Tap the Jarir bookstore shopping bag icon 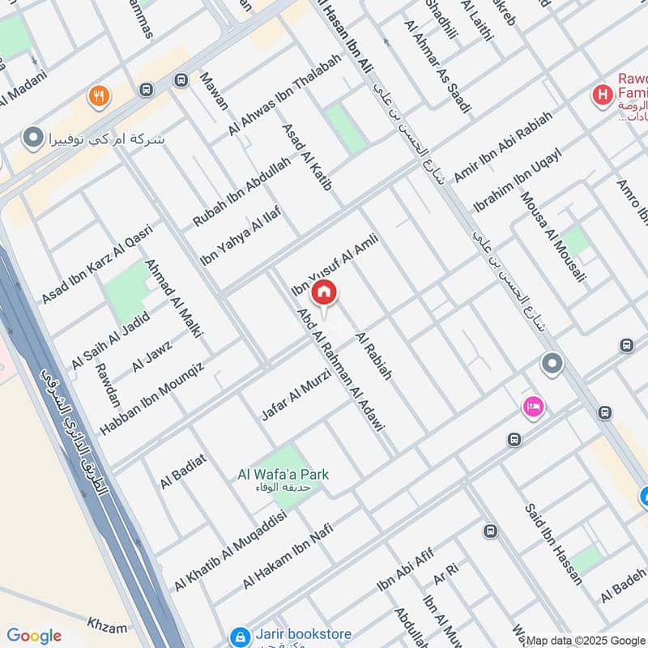tap(239, 636)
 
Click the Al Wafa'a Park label tap(283, 475)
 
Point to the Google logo tap(33, 636)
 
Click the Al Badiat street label tap(184, 471)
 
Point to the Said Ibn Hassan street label tap(552, 544)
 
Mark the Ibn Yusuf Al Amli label tap(335, 261)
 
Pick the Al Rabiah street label tap(373, 356)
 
